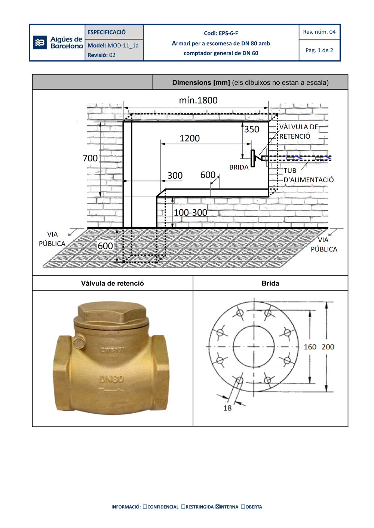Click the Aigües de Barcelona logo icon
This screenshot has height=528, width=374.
coord(40,43)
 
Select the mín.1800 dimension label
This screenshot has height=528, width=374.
coord(198,101)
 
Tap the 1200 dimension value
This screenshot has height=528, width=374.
coord(190,138)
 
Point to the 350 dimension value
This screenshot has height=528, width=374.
coord(252,129)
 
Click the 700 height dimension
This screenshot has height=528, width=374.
coord(90,158)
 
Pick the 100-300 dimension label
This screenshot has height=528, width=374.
coord(190,213)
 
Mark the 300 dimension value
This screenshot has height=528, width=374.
coord(175,175)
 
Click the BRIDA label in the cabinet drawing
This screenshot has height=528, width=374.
coord(239,167)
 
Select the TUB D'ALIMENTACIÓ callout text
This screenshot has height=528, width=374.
coord(309,175)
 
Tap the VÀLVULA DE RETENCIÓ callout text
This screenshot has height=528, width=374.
coord(299,132)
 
